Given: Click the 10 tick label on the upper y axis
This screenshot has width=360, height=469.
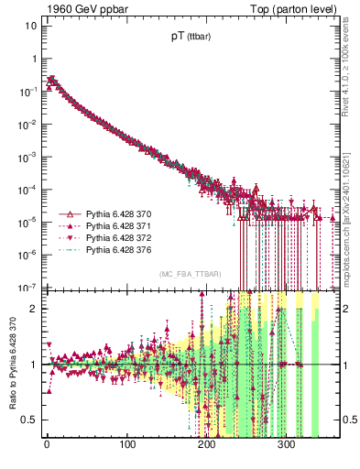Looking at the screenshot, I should [29, 25].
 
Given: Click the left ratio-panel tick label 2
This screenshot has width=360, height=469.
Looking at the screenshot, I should [33, 309].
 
